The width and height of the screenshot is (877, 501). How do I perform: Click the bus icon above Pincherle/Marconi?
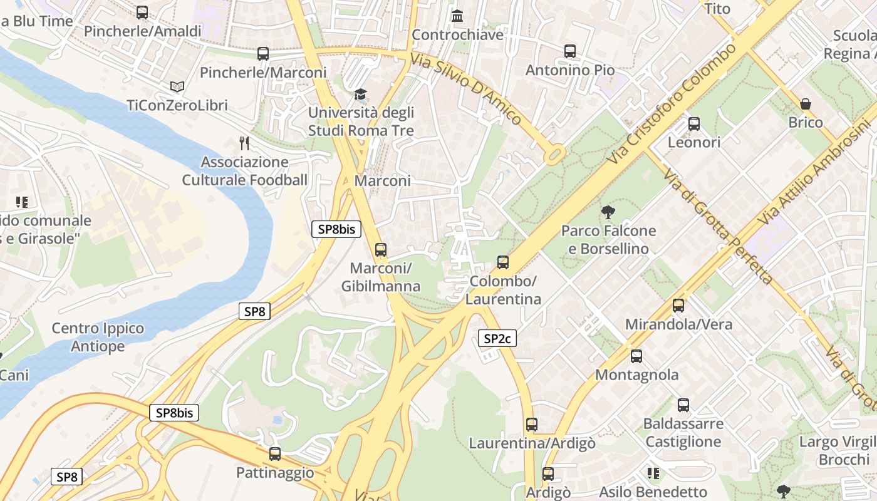[263, 54]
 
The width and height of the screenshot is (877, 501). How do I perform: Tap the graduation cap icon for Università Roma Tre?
[360, 95]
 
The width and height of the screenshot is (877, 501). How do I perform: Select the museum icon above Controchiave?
[458, 16]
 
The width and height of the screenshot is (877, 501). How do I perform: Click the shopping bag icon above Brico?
[806, 103]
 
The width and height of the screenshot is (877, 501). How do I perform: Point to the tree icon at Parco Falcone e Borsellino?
[608, 212]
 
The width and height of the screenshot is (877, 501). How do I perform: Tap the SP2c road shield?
[497, 339]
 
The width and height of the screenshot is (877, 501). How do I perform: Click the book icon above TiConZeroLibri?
[177, 86]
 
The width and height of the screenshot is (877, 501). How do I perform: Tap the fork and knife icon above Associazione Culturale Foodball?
[244, 143]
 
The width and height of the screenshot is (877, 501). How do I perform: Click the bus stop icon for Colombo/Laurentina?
[503, 262]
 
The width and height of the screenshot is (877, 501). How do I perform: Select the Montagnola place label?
[636, 374]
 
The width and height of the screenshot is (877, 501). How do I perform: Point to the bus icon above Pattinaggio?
[275, 454]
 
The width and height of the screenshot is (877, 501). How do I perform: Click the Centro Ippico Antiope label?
[98, 337]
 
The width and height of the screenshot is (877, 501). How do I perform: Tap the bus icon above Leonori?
[694, 123]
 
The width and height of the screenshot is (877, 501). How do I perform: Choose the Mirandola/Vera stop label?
[678, 324]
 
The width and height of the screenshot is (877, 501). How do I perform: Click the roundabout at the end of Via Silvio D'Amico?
[554, 154]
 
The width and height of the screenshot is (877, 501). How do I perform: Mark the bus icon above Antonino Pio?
[570, 51]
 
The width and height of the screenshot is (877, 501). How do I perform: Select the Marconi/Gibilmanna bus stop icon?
[381, 250]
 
